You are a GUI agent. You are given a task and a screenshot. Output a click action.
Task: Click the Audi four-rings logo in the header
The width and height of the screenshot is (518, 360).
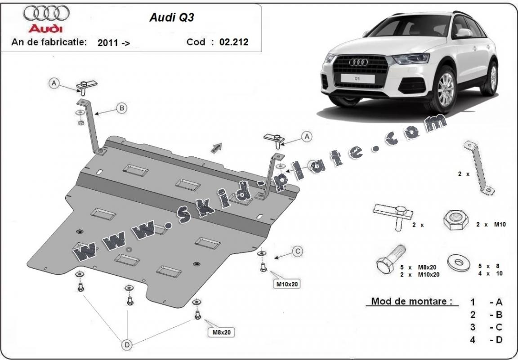(x=46, y=13)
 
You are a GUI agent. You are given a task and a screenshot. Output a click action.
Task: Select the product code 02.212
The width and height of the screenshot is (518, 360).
(x=233, y=42)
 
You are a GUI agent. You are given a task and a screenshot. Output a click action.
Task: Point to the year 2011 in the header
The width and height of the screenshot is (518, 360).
(x=107, y=43)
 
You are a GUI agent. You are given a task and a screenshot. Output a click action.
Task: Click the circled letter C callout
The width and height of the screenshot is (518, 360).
(x=298, y=252)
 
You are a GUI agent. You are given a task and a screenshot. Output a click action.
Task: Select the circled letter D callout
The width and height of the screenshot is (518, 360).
(x=127, y=345)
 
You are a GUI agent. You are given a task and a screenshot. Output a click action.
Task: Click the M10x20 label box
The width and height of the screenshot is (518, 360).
(x=288, y=284)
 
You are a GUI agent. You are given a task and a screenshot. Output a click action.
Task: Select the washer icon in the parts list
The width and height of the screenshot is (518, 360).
(x=459, y=262)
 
